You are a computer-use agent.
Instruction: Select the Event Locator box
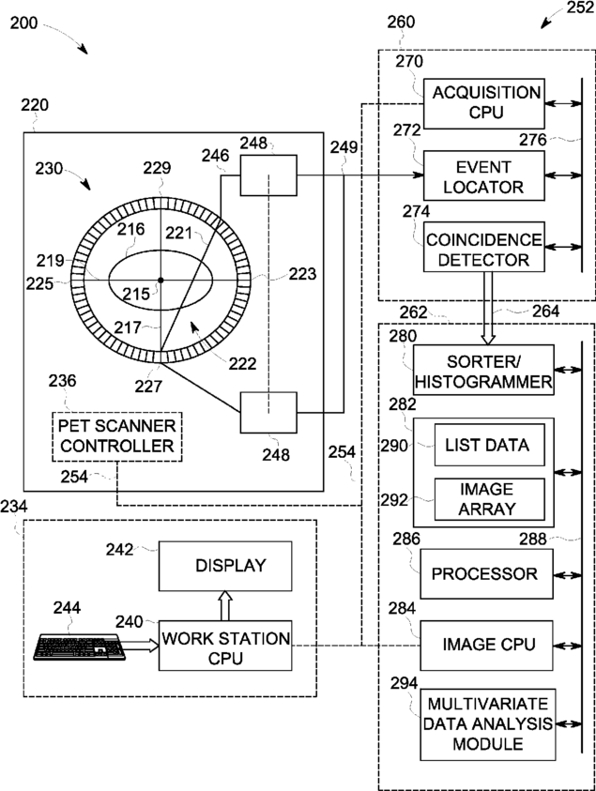[x=482, y=175]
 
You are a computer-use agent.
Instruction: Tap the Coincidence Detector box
[x=483, y=247]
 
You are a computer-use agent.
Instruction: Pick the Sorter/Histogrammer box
[x=482, y=370]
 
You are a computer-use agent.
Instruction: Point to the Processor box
[x=482, y=574]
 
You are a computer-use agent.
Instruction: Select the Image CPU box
[x=482, y=645]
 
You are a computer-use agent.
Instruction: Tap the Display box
[x=230, y=566]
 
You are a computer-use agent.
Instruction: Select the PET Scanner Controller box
[x=115, y=436]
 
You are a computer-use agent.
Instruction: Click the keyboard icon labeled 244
[x=83, y=647]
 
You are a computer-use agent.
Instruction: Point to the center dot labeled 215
[x=160, y=280]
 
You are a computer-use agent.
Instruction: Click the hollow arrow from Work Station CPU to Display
[x=224, y=605]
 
